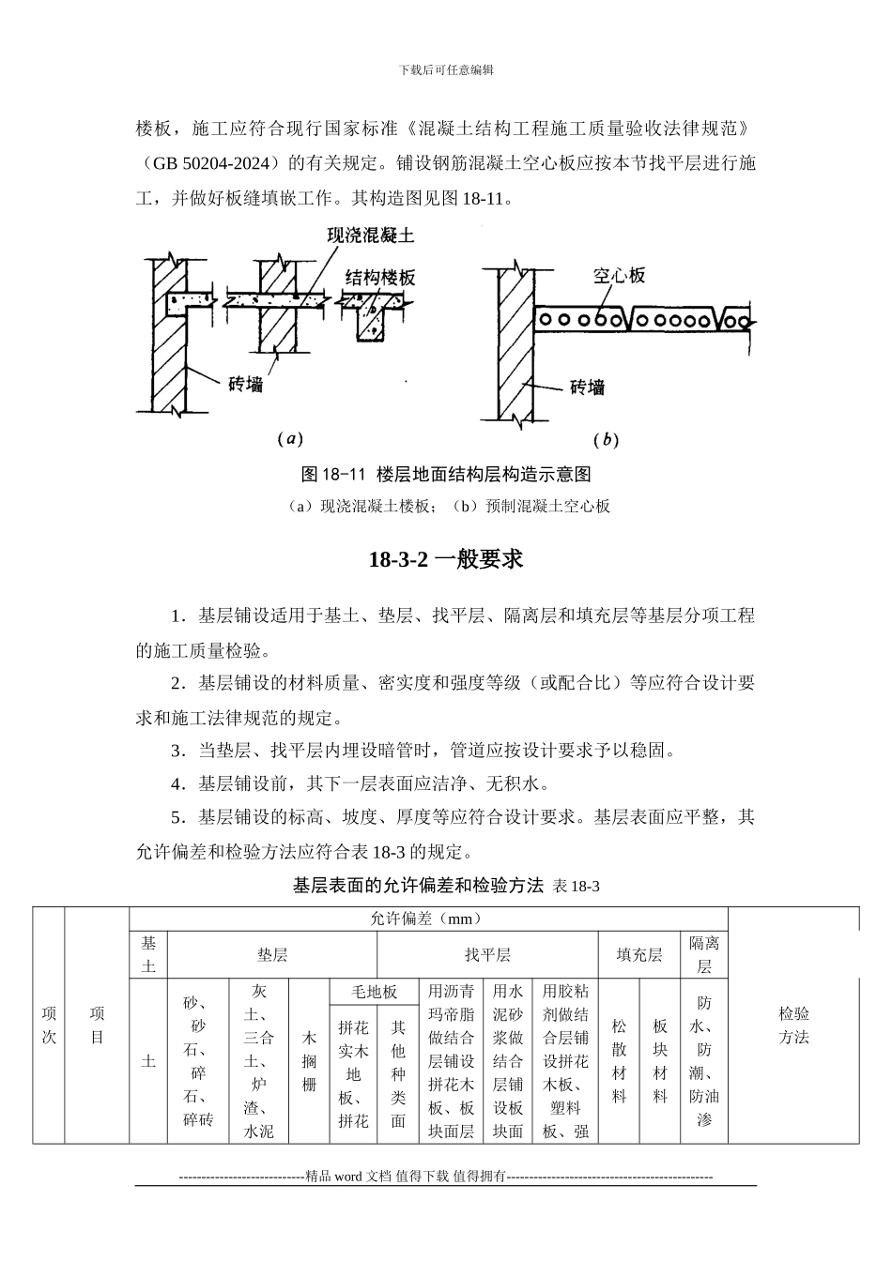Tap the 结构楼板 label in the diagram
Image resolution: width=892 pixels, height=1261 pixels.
(380, 278)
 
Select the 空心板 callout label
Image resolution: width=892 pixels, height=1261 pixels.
(620, 276)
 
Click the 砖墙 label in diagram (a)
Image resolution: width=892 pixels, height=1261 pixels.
(246, 384)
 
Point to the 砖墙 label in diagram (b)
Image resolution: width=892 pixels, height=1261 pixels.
(587, 387)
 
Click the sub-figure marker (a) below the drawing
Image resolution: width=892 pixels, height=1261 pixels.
(289, 438)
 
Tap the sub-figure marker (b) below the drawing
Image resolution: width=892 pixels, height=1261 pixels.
(606, 438)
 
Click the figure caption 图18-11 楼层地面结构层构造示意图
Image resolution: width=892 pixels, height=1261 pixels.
(446, 474)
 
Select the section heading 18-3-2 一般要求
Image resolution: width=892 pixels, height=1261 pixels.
(446, 560)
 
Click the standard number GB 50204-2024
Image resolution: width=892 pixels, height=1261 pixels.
(212, 163)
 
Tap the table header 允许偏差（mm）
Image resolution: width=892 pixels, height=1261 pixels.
(427, 919)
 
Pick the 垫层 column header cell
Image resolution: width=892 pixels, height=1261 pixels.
(272, 955)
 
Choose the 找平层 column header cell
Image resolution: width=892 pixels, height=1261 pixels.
(487, 955)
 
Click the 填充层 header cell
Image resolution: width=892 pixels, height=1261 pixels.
(639, 955)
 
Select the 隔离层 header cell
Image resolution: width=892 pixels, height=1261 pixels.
(704, 954)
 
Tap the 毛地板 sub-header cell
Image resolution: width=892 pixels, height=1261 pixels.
(375, 992)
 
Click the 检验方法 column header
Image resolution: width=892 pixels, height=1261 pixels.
(793, 1026)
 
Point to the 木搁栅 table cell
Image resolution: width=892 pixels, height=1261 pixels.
(309, 1061)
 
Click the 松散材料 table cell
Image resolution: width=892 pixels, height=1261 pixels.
(619, 1061)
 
